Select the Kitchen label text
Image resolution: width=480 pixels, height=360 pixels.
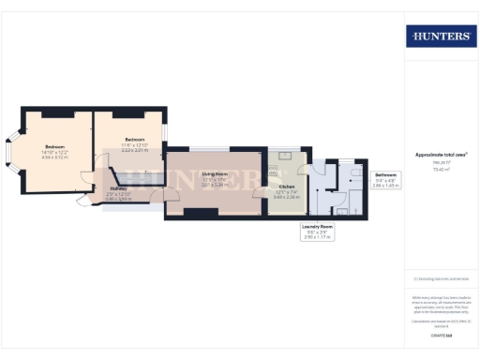click(286, 187)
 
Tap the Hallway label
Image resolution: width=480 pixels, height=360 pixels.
click(117, 188)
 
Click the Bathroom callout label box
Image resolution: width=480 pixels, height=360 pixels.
click(386, 179)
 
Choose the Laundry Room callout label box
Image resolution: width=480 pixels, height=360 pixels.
click(318, 232)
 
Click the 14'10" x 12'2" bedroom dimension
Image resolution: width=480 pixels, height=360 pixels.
click(54, 152)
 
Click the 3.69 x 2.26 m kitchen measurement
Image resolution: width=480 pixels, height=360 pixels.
click(287, 198)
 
